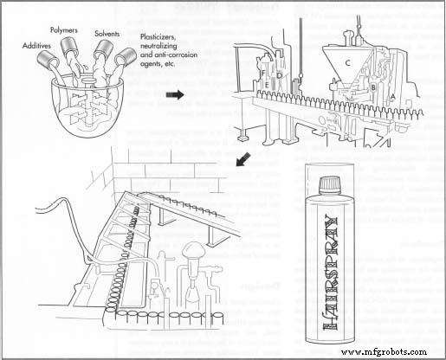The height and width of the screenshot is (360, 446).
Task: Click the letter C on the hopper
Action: [346, 61]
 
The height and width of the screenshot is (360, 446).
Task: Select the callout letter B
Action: [372, 87]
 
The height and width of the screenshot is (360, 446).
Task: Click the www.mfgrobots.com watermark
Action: [391, 352]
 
